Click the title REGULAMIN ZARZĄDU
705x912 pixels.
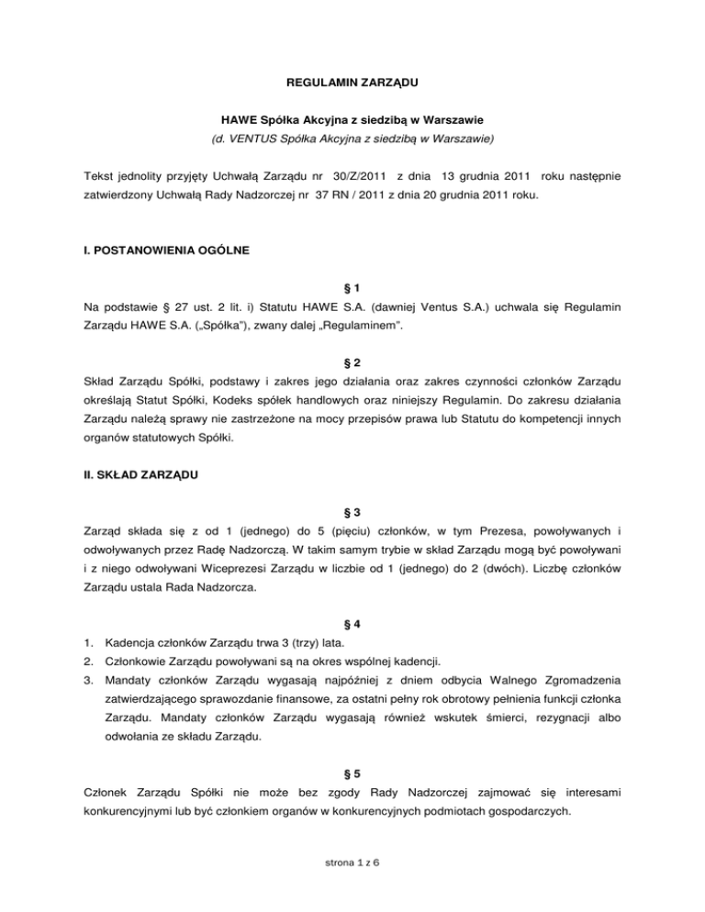click(352, 83)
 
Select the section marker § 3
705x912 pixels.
click(352, 516)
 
